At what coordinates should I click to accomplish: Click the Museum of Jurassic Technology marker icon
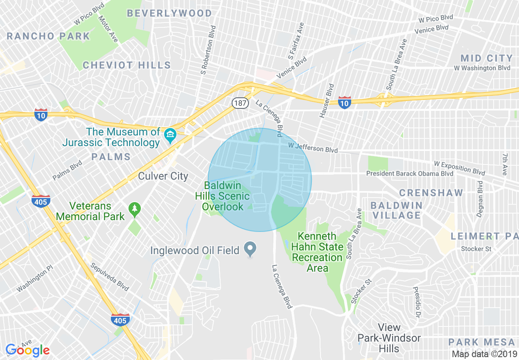coord(170,134)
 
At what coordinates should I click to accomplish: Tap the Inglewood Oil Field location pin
coord(250,249)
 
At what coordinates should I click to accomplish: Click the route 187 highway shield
coord(240,103)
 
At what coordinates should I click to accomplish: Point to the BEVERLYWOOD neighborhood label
coord(169,13)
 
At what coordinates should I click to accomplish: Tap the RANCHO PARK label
coord(48,36)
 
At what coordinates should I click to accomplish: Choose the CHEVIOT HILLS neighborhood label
coord(127,65)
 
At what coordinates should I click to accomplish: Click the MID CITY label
coord(487,58)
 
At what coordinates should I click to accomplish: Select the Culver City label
coord(163,176)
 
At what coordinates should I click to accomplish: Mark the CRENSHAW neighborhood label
coord(431,193)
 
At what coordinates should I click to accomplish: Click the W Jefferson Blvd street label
coord(313,148)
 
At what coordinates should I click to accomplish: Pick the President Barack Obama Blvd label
coord(410,173)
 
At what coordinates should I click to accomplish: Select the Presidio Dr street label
coord(417,304)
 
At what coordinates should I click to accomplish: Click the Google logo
coord(27,350)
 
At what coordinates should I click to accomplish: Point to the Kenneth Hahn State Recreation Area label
coord(317,252)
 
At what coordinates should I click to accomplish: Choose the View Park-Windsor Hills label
coord(389,338)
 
